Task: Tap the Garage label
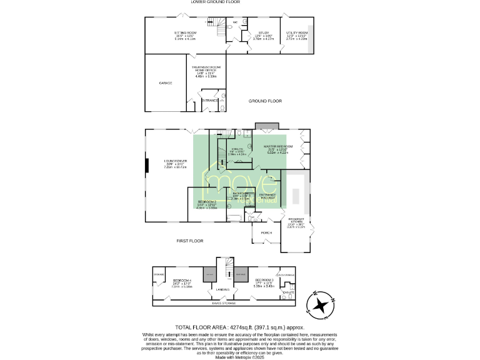[165, 82]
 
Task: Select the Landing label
[222, 289]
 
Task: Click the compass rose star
[321, 305]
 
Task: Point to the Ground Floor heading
[265, 101]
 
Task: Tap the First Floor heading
[190, 241]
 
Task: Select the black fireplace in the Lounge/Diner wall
[147, 165]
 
